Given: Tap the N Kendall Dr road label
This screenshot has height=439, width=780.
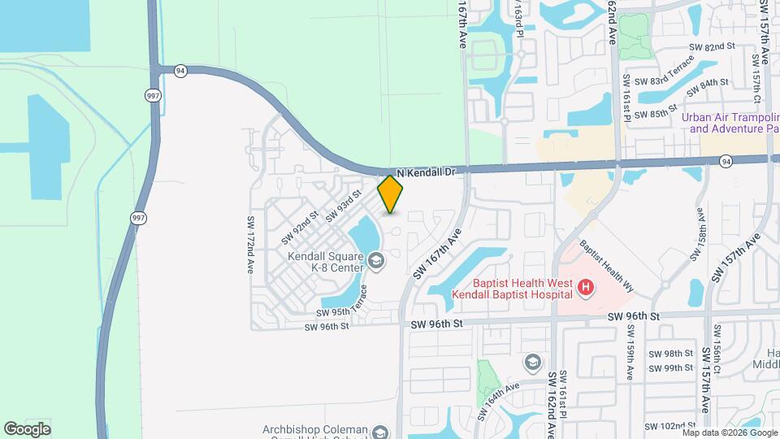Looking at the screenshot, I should click(430, 172).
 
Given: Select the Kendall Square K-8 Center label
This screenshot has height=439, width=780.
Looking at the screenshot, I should click(324, 260).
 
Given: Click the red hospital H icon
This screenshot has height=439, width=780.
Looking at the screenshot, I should click(584, 287).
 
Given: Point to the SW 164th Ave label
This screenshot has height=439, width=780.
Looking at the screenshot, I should click(492, 402).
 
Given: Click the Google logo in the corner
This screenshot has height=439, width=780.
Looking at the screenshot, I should click(27, 428).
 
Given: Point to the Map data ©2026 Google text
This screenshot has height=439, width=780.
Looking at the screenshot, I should click(729, 432).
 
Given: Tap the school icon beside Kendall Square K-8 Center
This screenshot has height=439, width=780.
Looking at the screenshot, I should click(375, 260).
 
